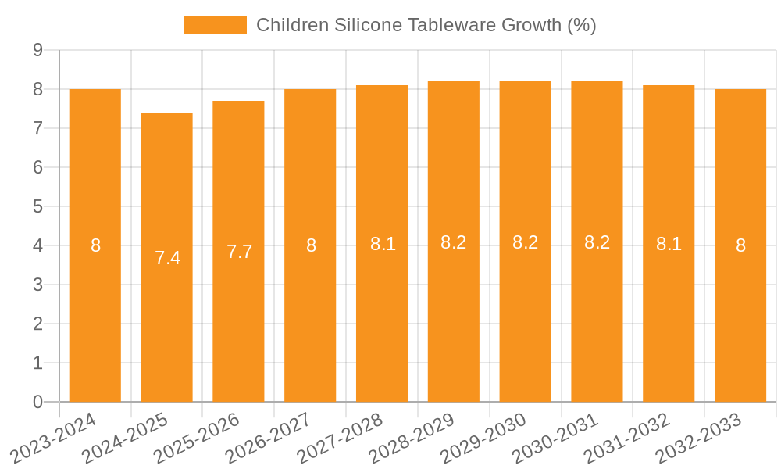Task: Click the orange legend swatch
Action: tap(215, 25)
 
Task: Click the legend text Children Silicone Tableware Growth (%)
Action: tap(426, 25)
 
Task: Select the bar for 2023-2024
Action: tap(95, 245)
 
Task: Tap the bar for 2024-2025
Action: tap(167, 257)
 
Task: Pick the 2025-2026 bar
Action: tap(238, 251)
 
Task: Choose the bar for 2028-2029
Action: tap(454, 242)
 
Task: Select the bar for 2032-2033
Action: tap(740, 245)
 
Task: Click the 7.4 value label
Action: tap(167, 258)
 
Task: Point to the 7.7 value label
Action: tap(239, 252)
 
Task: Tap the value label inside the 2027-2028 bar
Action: tap(383, 244)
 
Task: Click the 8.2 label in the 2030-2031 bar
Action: tap(597, 242)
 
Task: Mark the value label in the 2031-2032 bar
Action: tap(669, 244)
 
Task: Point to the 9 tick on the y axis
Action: tap(37, 50)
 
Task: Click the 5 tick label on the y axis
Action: tap(37, 206)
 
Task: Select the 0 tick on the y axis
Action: tap(37, 402)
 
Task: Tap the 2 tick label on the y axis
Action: tap(37, 324)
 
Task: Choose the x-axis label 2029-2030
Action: tap(483, 438)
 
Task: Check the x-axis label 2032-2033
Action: tap(698, 438)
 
